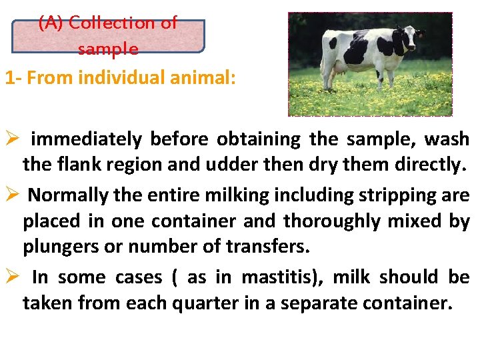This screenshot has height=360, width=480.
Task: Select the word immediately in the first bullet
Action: click(86, 140)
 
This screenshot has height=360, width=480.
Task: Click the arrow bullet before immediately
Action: click(12, 140)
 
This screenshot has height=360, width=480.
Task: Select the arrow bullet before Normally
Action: click(12, 195)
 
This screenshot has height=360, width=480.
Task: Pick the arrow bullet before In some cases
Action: click(12, 277)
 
